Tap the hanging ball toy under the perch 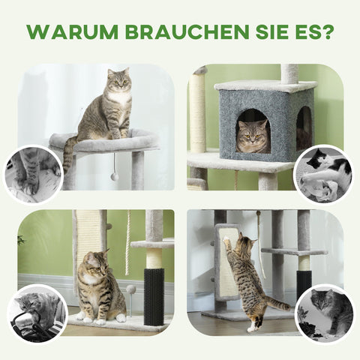(114, 176)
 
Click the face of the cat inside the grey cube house (253, 136)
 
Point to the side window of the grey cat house (304, 126)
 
